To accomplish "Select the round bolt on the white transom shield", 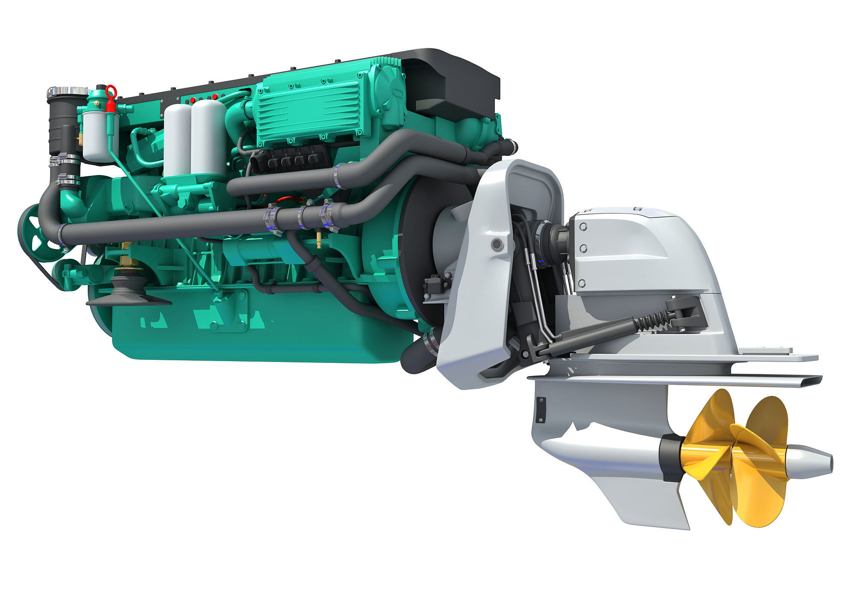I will coord(496,244).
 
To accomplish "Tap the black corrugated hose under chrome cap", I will coord(61,124).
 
